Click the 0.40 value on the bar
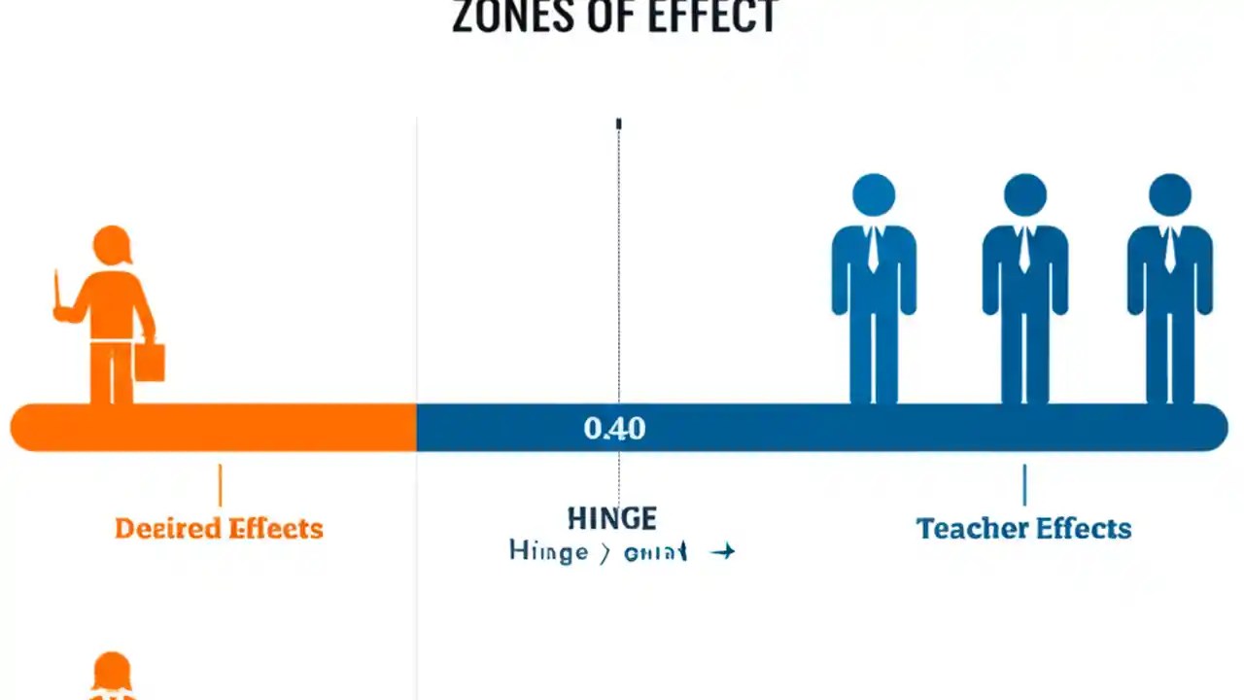pos(614,429)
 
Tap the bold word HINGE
pos(612,518)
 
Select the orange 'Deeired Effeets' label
pos(219,529)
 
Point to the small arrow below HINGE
pos(722,552)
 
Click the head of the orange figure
pos(112,245)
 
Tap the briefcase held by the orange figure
pos(150,361)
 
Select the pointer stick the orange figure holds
pos(57,292)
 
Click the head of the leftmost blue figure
pos(874,195)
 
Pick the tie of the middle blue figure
pos(1024,251)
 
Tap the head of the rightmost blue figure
pos(1169,195)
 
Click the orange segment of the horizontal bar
pos(214,429)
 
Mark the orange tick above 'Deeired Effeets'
pos(220,485)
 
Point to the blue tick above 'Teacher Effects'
pos(1024,485)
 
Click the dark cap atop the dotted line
pos(618,123)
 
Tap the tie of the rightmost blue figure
pos(1169,251)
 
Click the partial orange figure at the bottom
pos(112,677)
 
